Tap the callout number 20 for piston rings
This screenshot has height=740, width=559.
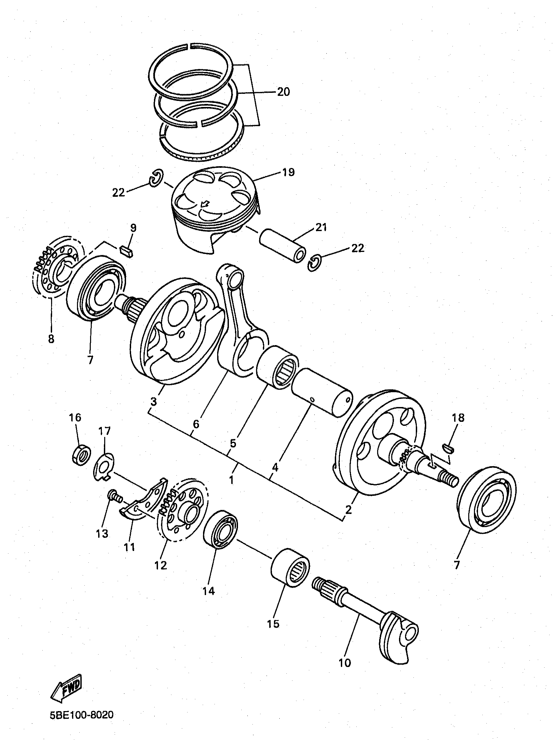tap(283, 92)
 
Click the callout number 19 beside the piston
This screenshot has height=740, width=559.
tap(288, 172)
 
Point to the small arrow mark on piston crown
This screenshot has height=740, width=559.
tap(205, 204)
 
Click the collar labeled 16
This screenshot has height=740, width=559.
tap(81, 456)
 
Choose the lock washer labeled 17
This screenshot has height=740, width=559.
tap(103, 466)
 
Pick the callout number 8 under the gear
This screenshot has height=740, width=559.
tap(51, 338)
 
